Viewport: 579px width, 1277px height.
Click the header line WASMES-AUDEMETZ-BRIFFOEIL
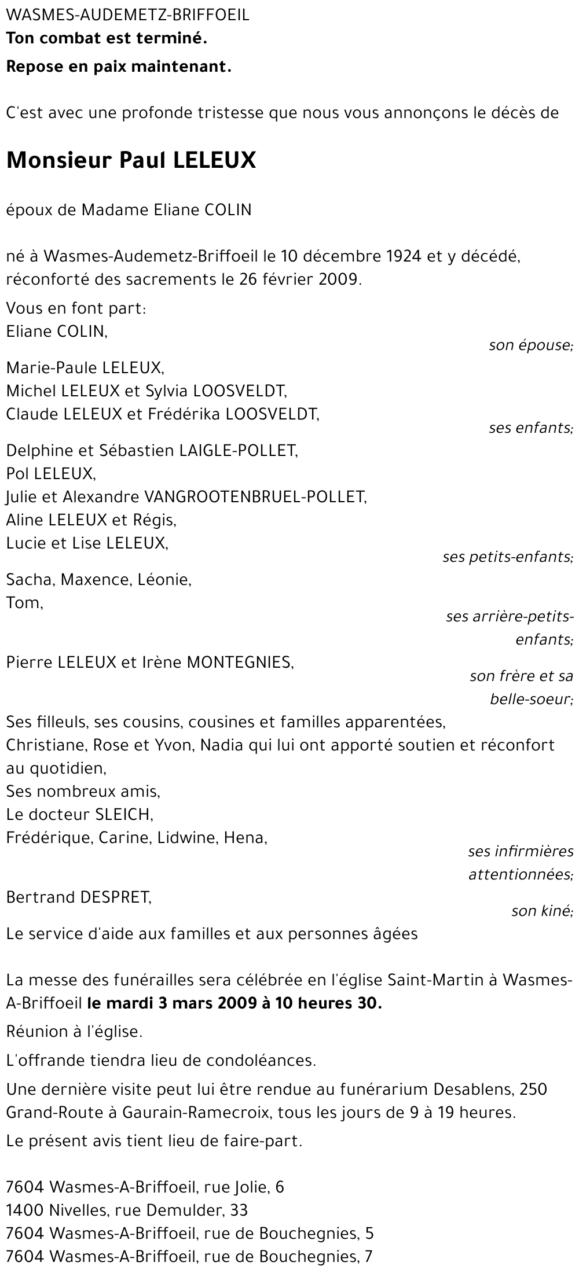[128, 16]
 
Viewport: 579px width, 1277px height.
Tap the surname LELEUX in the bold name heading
[214, 160]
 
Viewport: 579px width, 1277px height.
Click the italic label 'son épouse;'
[530, 346]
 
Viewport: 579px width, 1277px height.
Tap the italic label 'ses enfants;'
[530, 428]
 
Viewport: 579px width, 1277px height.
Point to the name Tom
[24, 603]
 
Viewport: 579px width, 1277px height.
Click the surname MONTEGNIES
[239, 663]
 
